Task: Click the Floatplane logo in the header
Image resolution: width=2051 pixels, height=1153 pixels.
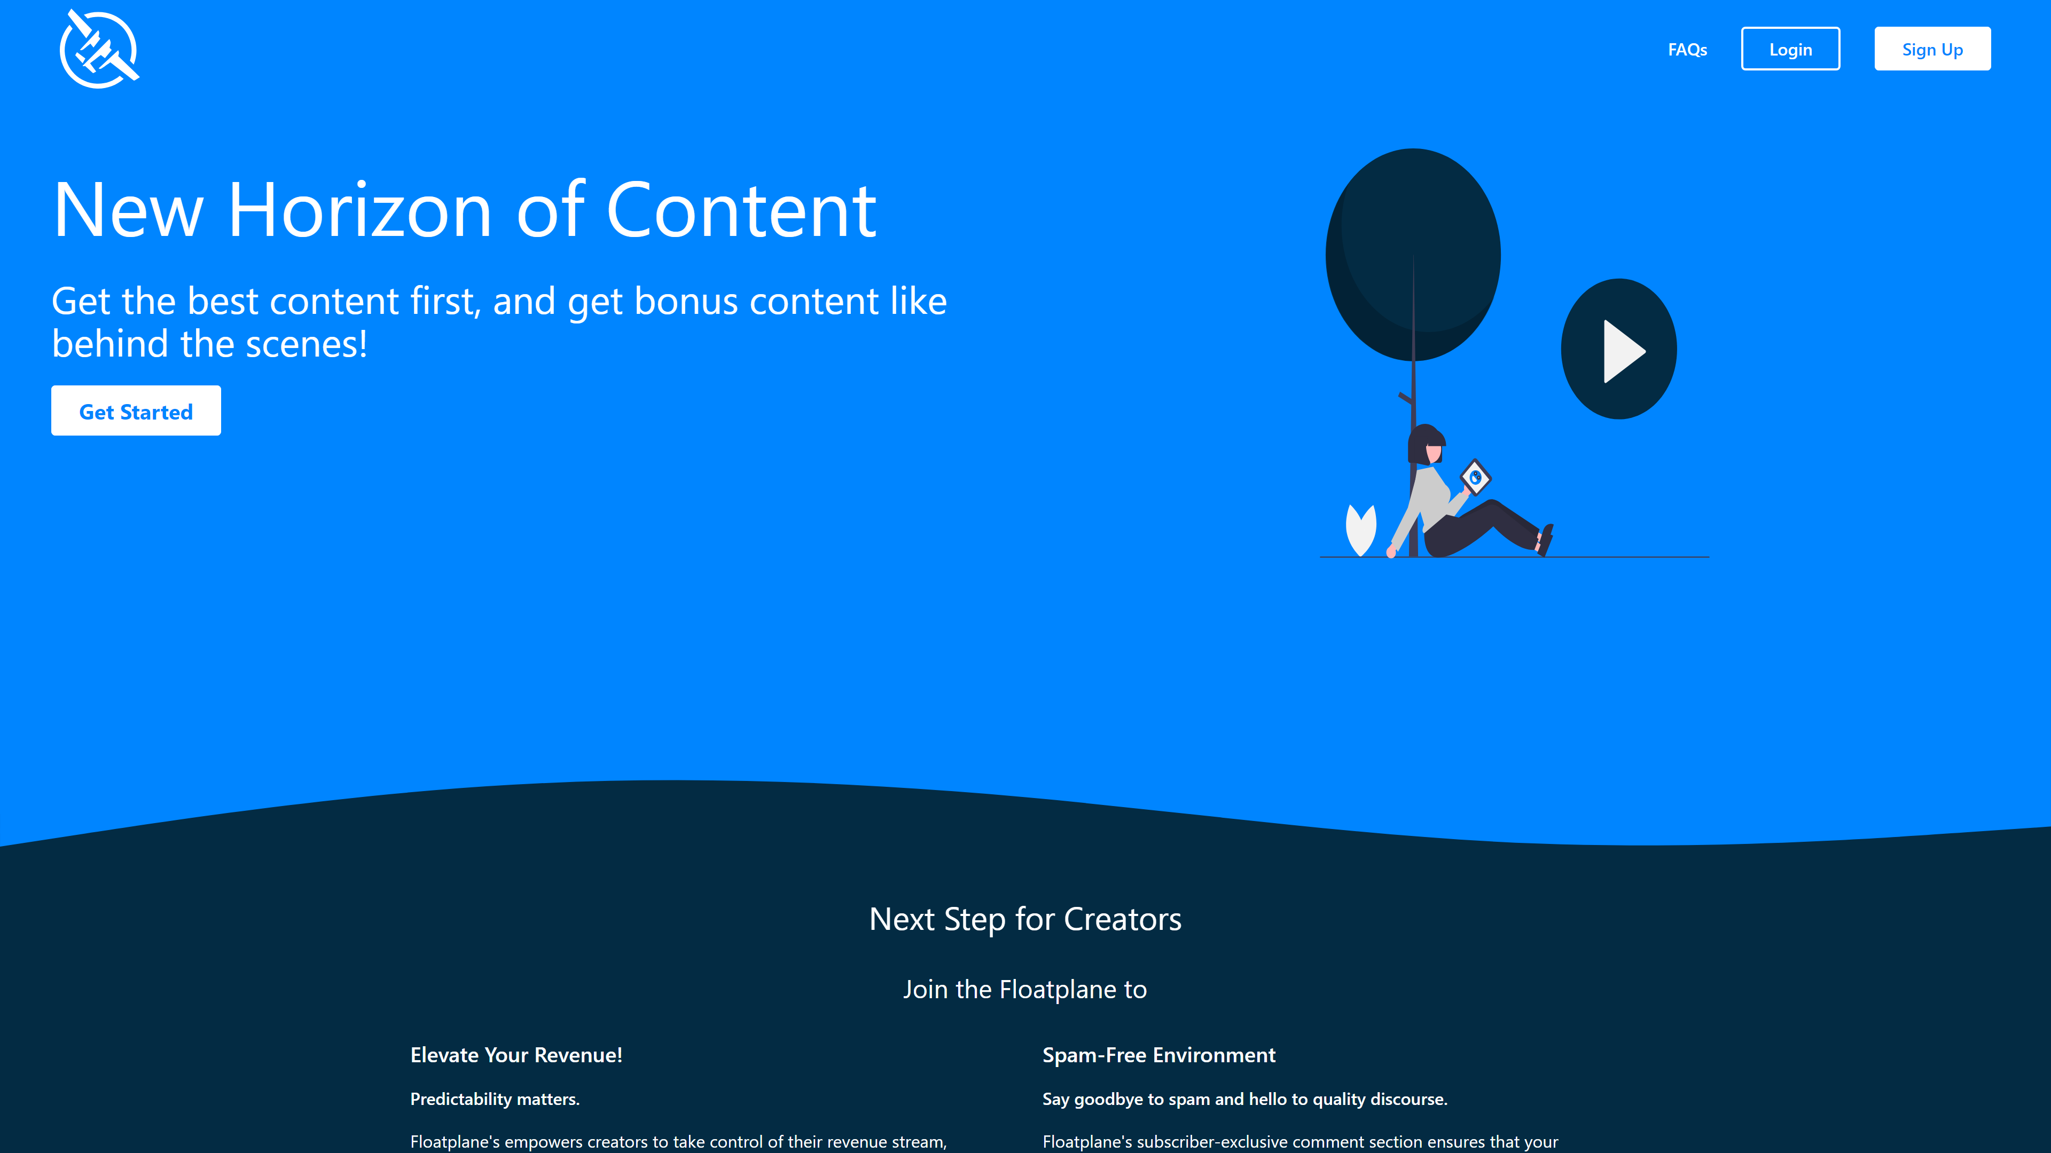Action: (x=99, y=49)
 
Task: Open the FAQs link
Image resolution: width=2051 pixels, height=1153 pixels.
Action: (x=1687, y=49)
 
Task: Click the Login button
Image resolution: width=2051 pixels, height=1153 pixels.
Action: (x=1790, y=49)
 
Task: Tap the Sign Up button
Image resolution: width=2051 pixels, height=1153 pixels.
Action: (x=1932, y=49)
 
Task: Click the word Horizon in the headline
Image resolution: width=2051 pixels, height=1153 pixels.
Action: (x=360, y=210)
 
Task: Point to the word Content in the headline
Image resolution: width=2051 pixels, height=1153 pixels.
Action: (x=741, y=210)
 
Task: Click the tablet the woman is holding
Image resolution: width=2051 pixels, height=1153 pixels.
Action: (x=1475, y=477)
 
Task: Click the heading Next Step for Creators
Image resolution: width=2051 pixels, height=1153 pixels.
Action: (x=1025, y=919)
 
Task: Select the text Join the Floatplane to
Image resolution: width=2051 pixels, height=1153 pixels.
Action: (x=1025, y=989)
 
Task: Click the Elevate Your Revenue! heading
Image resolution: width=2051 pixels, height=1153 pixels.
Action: (x=516, y=1055)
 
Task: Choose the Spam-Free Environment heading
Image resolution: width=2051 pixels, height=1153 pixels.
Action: (x=1158, y=1055)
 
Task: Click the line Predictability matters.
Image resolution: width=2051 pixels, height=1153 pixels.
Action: (x=495, y=1099)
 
